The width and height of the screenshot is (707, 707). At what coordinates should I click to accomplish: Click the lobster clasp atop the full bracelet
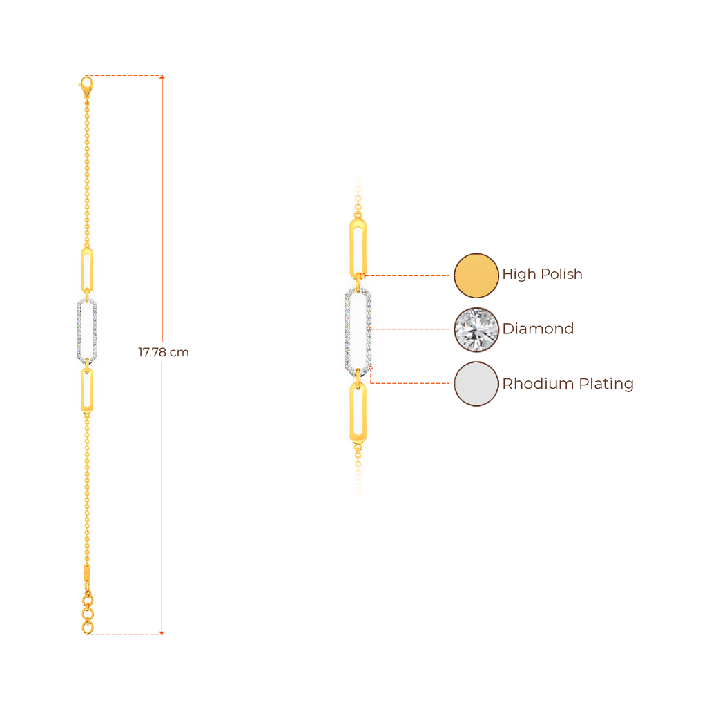click(x=86, y=85)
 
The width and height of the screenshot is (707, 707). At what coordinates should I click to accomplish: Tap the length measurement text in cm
click(x=163, y=353)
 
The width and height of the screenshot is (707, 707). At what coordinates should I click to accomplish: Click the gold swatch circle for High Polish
click(x=476, y=275)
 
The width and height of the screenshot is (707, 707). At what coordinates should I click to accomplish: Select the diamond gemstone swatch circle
click(x=476, y=329)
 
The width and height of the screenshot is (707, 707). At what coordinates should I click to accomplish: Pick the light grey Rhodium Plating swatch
click(x=476, y=383)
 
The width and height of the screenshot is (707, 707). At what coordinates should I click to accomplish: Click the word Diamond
click(x=539, y=329)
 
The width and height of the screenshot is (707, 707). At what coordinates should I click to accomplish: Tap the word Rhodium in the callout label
click(x=533, y=384)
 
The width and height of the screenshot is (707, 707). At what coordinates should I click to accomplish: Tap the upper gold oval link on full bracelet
click(x=87, y=269)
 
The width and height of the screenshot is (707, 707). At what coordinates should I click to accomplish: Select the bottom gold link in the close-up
click(x=358, y=413)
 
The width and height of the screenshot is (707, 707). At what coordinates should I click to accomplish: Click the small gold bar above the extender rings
click(x=87, y=574)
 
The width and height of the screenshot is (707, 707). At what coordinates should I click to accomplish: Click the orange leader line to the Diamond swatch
click(x=411, y=329)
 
